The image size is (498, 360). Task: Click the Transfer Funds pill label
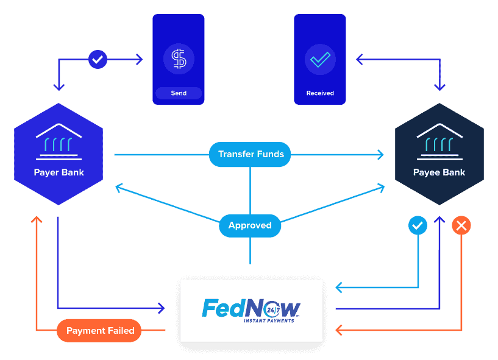[x=250, y=154]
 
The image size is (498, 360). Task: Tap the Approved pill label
[x=250, y=225]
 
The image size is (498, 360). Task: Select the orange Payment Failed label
[x=99, y=331]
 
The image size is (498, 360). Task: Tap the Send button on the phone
[x=179, y=93]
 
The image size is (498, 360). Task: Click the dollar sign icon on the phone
[x=179, y=58]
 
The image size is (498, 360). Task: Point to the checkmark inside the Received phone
[x=320, y=59]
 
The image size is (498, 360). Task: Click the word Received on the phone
[x=320, y=93]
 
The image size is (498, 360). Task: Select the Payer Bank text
[x=59, y=172]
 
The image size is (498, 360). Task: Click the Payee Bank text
[x=439, y=172]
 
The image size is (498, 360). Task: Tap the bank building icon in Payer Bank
[x=59, y=141]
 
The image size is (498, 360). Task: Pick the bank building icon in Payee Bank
[x=439, y=141]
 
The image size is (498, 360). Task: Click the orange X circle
[x=461, y=225]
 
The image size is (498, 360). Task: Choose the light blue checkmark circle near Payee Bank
[x=418, y=225]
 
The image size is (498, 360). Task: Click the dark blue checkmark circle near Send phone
[x=98, y=59]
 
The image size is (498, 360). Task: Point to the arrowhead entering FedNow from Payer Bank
[x=162, y=308]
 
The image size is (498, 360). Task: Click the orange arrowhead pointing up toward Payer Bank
[x=37, y=219]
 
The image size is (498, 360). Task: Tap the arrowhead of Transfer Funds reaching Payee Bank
[x=381, y=155]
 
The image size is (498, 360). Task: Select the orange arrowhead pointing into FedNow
[x=338, y=330]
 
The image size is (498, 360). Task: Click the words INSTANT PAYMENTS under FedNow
[x=269, y=321]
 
